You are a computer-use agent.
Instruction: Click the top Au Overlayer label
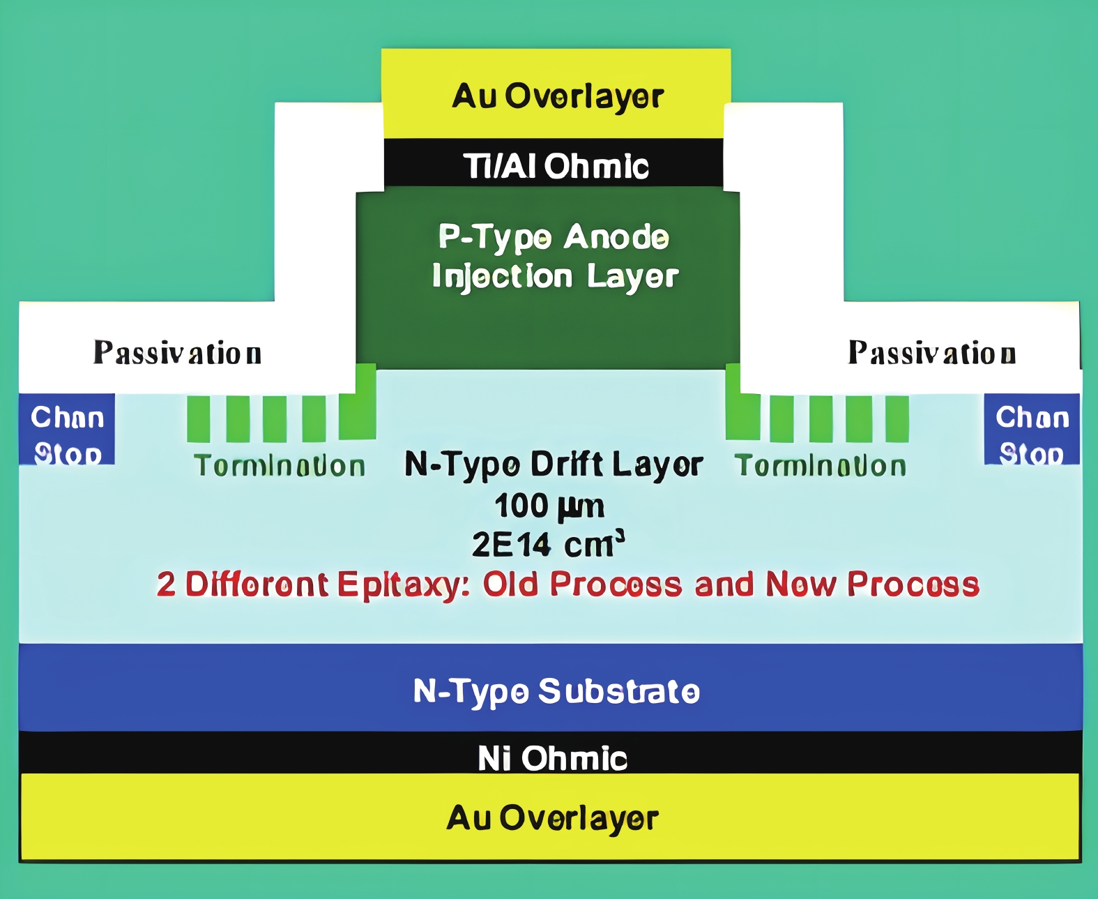click(557, 96)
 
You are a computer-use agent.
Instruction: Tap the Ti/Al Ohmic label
click(556, 167)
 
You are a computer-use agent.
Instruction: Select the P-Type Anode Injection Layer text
click(554, 257)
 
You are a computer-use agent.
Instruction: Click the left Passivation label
click(178, 353)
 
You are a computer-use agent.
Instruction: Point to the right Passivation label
click(931, 353)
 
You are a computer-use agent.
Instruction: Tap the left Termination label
click(280, 466)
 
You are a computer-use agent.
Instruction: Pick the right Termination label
click(821, 466)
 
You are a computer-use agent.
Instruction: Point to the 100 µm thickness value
click(549, 506)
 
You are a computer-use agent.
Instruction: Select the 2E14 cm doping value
click(548, 545)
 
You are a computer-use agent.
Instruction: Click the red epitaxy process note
click(568, 584)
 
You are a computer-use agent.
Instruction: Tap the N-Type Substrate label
click(556, 691)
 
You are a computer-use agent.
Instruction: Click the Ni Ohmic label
click(552, 757)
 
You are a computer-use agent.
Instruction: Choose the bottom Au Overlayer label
click(552, 818)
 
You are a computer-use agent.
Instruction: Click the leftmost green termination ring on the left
click(199, 418)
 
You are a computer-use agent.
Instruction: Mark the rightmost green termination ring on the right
click(897, 418)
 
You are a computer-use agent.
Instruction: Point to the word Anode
click(616, 237)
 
